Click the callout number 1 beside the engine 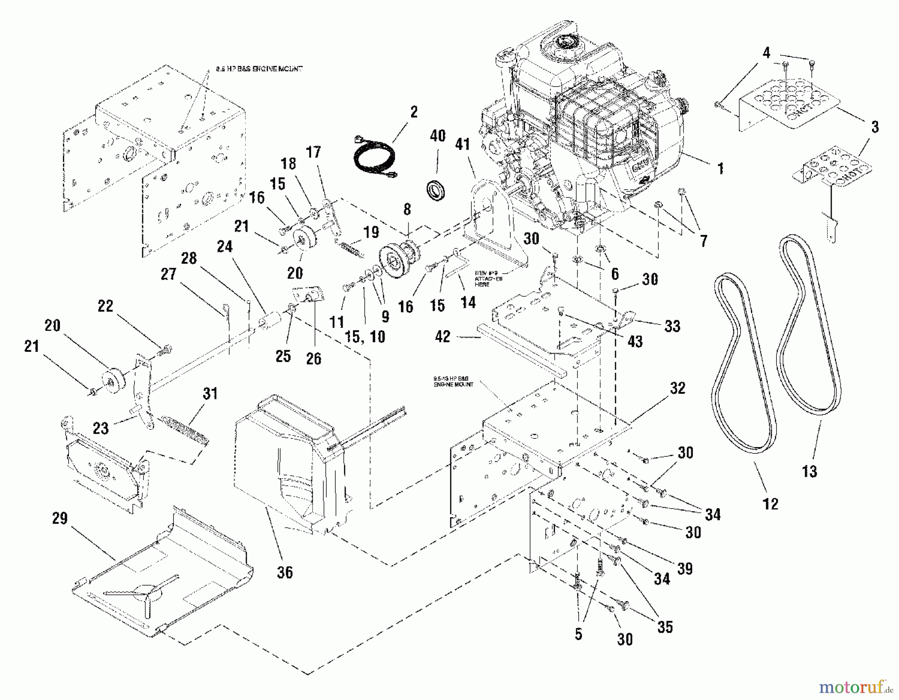pyautogui.click(x=720, y=168)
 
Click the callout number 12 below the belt pyautogui.click(x=770, y=503)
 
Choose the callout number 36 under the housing pyautogui.click(x=285, y=572)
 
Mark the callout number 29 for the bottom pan pyautogui.click(x=59, y=518)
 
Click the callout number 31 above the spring pyautogui.click(x=210, y=393)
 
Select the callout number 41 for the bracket pyautogui.click(x=462, y=144)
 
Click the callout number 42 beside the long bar pyautogui.click(x=443, y=336)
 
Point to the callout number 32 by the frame pyautogui.click(x=677, y=388)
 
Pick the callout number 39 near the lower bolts pyautogui.click(x=685, y=568)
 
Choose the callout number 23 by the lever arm pyautogui.click(x=100, y=428)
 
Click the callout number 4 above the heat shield pyautogui.click(x=767, y=52)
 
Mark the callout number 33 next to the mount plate pyautogui.click(x=672, y=326)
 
